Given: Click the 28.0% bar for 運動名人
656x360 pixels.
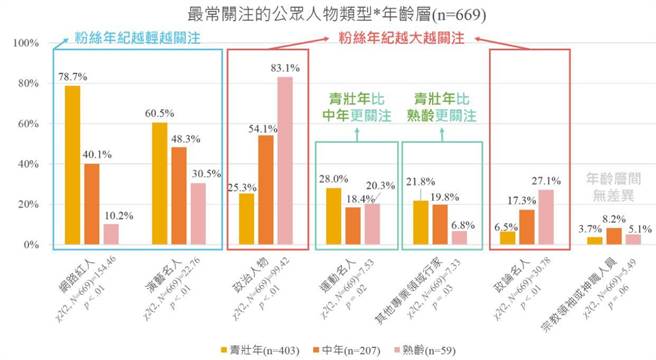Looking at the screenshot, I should click(335, 217).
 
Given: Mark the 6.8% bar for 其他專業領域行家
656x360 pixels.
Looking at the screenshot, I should click(460, 238).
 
